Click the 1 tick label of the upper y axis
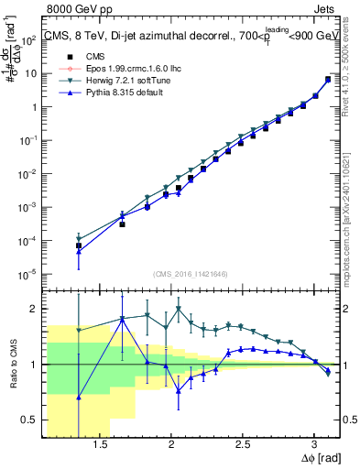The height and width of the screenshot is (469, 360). (37, 106)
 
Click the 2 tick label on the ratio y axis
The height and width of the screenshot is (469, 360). (37, 309)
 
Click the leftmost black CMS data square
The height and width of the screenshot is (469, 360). (79, 245)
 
